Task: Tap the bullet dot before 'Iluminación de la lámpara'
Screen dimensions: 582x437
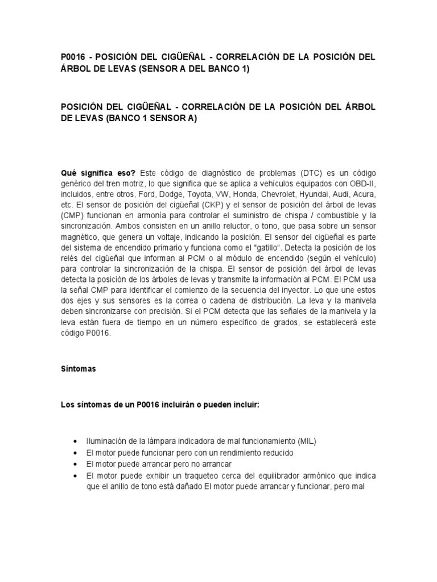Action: (76, 442)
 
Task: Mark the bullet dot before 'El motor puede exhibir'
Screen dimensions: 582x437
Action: (76, 476)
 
